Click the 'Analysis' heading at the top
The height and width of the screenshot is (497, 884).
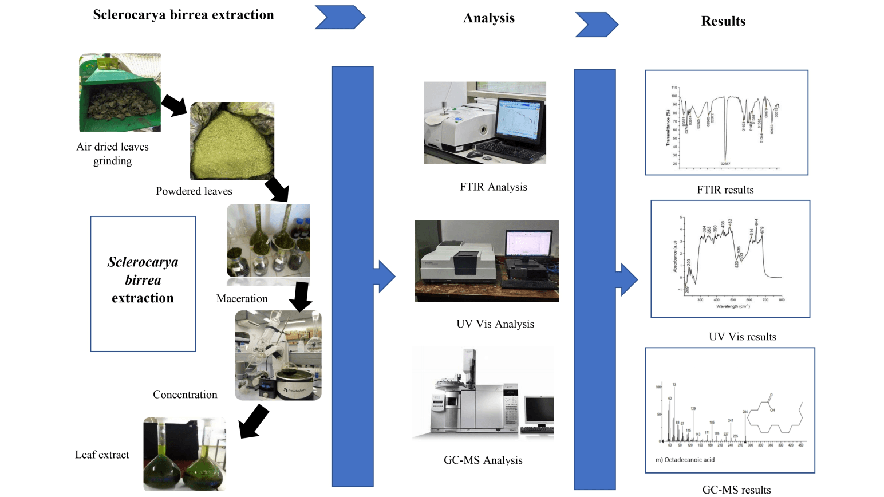[x=488, y=18]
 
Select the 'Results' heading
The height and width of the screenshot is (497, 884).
[x=723, y=21]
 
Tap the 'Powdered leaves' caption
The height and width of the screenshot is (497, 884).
[x=194, y=191]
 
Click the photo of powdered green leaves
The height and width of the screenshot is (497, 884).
[x=232, y=140]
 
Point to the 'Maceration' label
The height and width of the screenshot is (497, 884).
[x=242, y=299]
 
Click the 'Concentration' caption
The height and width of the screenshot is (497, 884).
[x=185, y=395]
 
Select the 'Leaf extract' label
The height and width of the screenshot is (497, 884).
[x=102, y=455]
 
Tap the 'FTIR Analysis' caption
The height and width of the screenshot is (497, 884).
[x=493, y=187]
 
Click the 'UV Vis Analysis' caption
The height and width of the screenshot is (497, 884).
[x=495, y=324]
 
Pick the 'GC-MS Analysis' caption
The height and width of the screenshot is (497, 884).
[x=483, y=460]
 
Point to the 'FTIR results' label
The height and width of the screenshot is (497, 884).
[x=725, y=190]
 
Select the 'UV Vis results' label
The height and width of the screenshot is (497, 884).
[x=742, y=337]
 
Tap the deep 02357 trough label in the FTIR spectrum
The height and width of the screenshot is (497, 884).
[x=725, y=164]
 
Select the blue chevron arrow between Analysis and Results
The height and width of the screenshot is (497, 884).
[x=596, y=25]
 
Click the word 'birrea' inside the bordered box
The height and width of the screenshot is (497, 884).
[x=143, y=280]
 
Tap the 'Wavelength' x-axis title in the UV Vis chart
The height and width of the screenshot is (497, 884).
[x=732, y=306]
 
